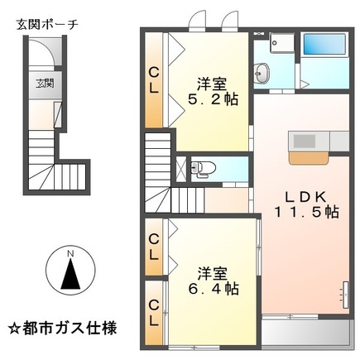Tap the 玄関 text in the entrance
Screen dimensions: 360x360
click(44, 83)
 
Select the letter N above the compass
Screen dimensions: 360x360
click(72, 252)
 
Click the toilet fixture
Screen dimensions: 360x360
click(200, 169)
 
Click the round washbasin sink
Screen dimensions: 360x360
click(262, 74)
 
